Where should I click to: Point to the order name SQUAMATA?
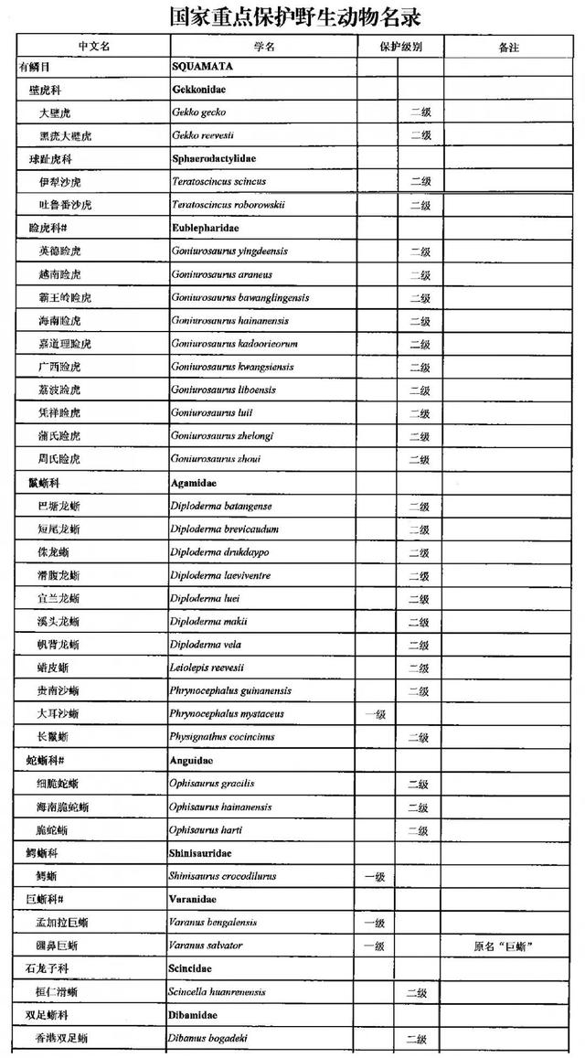click(202, 67)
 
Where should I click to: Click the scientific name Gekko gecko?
click(198, 112)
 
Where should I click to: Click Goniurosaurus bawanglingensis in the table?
click(239, 297)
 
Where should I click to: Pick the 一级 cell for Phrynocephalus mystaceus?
click(375, 714)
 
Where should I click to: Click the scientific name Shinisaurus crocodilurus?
click(222, 876)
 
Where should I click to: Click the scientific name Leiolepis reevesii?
click(207, 668)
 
